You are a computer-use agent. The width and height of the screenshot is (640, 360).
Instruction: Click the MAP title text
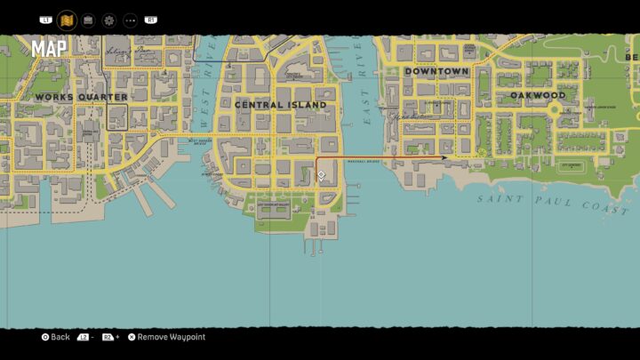pos(49,49)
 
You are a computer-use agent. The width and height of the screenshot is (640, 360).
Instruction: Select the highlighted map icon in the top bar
pos(67,20)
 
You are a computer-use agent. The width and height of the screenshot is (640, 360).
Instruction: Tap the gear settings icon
pos(108,20)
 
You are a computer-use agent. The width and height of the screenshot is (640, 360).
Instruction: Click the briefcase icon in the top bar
pos(88,20)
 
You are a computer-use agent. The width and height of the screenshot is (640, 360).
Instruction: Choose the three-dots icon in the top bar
pos(130,20)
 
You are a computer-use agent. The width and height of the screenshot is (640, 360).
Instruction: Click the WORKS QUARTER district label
pos(81,97)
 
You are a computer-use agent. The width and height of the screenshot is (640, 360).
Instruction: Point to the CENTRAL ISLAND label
pos(280,105)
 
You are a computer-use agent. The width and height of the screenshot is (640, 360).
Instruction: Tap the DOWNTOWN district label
pos(436,71)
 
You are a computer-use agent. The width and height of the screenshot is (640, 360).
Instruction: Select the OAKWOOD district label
pos(538,95)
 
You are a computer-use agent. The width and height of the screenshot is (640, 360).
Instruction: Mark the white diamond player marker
pos(321,175)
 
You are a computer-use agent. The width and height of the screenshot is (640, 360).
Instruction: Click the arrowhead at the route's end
pos(444,158)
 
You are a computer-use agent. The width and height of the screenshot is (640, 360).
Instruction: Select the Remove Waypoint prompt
pos(166,338)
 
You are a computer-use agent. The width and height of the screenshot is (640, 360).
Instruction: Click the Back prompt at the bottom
pos(55,338)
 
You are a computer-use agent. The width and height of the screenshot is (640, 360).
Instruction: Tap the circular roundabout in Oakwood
pos(555,110)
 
